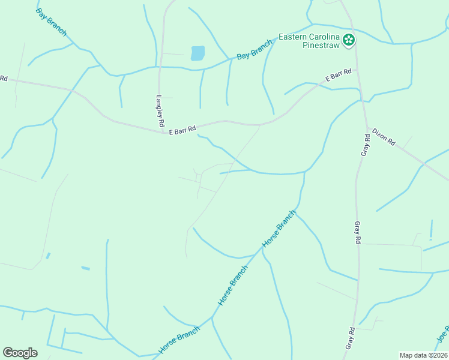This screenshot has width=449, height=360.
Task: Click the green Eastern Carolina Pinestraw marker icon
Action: tap(349, 40)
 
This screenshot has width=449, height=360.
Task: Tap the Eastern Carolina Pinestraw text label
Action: tap(309, 41)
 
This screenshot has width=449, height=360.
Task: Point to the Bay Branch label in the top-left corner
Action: tap(51, 22)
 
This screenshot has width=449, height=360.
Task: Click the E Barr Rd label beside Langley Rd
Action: tap(182, 129)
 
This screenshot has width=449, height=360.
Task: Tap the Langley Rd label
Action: tap(160, 111)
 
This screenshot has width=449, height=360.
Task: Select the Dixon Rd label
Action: tap(384, 137)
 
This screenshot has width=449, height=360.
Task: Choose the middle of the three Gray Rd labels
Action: tap(357, 232)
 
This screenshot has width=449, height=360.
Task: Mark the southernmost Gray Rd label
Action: tap(351, 339)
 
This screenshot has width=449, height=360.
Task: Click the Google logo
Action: tap(20, 353)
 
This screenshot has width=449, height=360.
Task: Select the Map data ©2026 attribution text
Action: tap(423, 355)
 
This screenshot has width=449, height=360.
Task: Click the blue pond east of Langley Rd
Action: tap(197, 53)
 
